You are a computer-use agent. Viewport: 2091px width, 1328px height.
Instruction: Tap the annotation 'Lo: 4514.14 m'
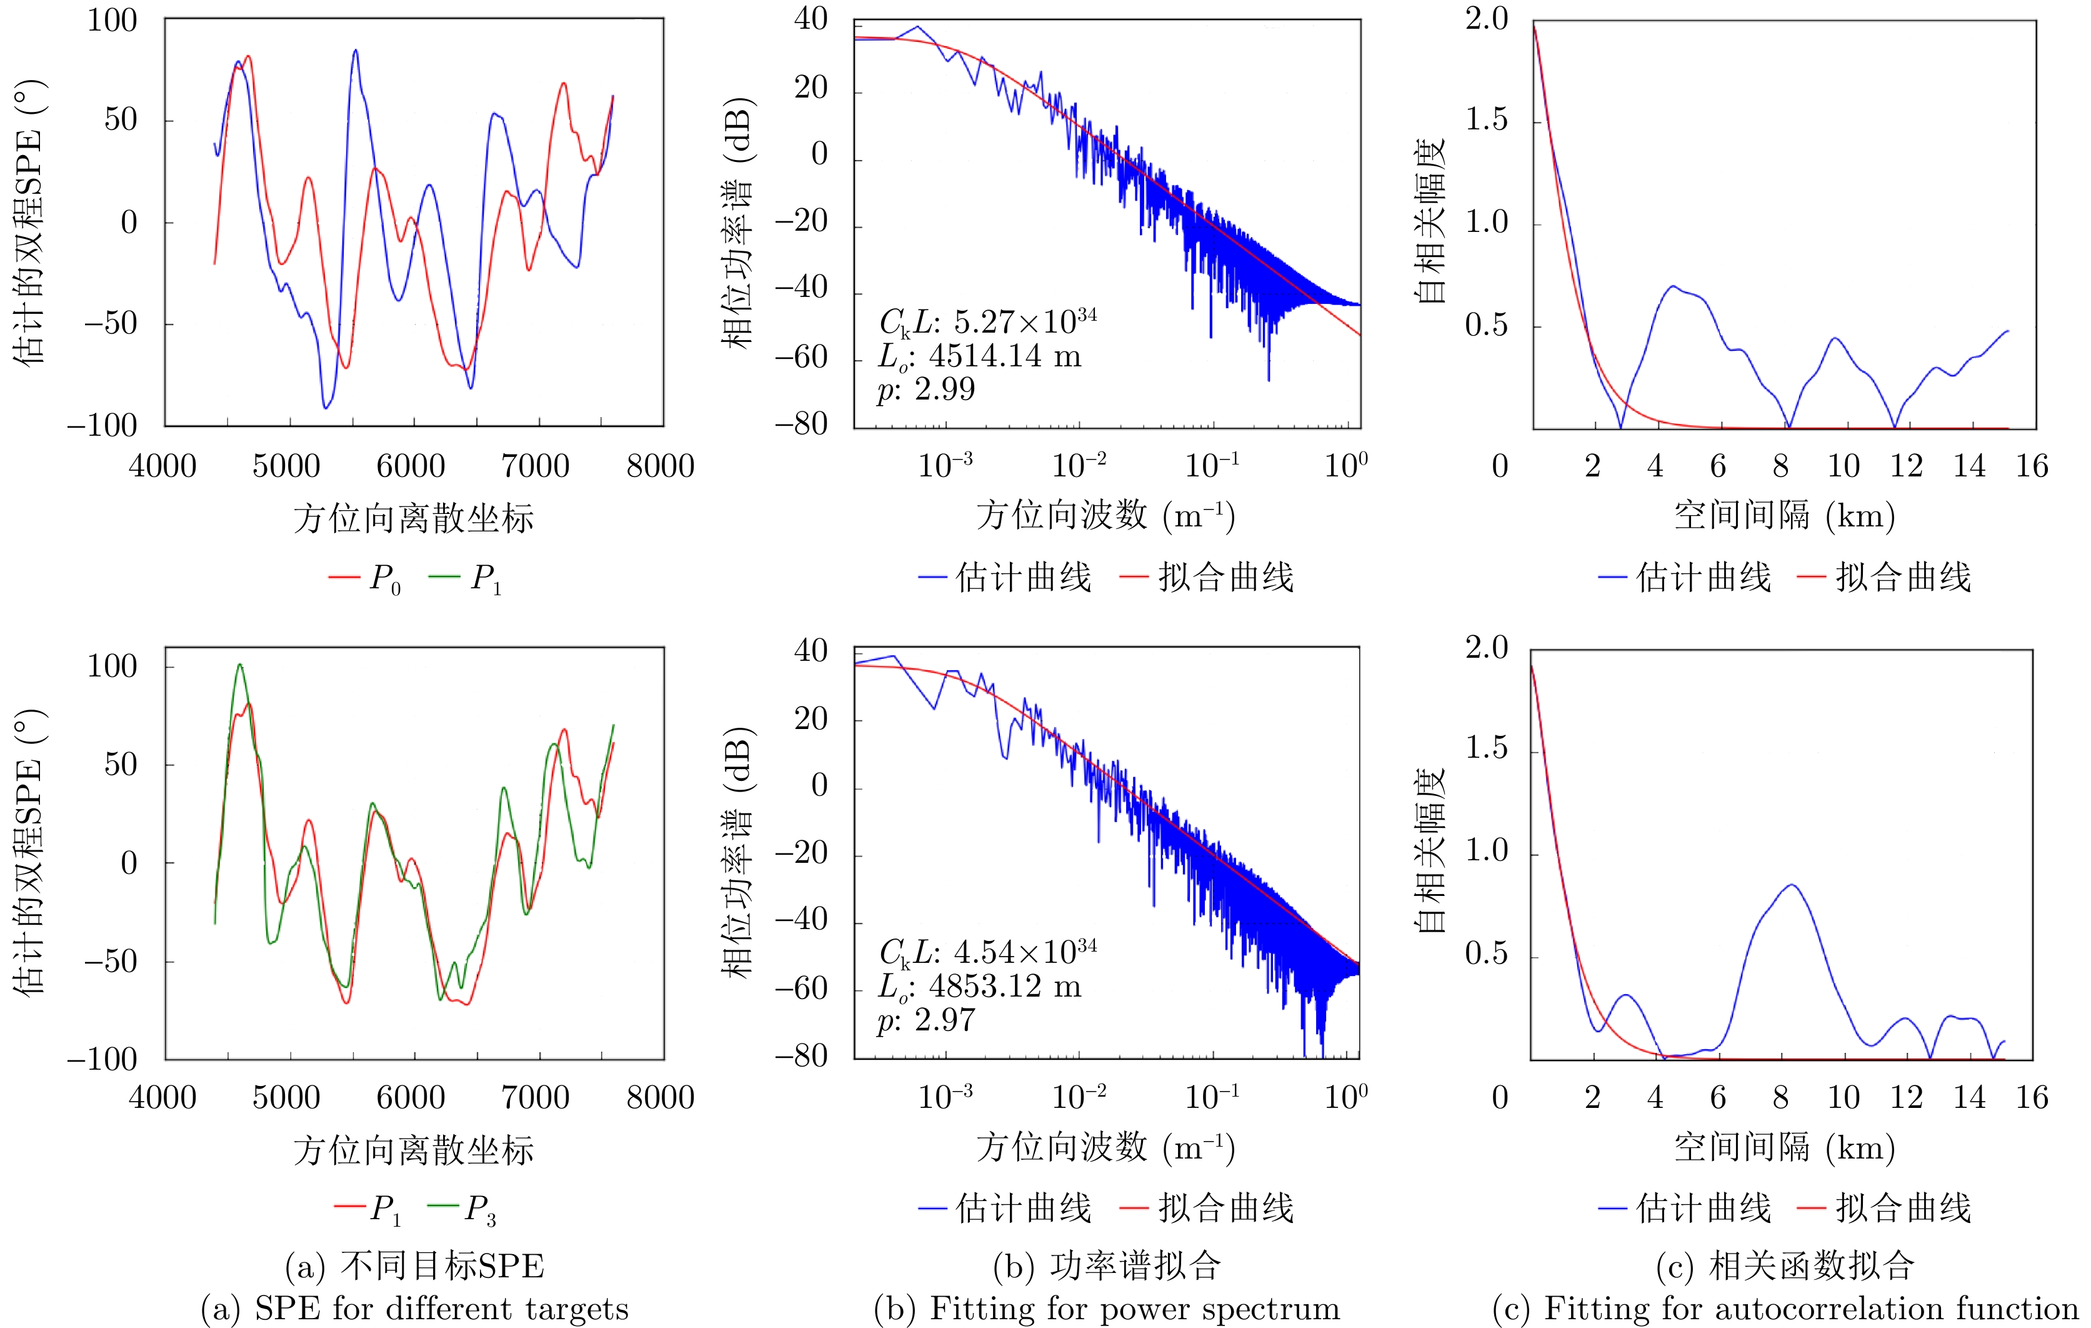pos(979,356)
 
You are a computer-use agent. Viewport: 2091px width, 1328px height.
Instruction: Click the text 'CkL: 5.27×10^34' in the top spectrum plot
pos(987,322)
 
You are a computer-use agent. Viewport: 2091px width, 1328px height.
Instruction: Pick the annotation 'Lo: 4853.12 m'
pos(979,987)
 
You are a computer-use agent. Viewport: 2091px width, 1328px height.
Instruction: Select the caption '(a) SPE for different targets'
pos(414,1308)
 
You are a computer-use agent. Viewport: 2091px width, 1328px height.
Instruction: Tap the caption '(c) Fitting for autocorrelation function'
pos(1784,1308)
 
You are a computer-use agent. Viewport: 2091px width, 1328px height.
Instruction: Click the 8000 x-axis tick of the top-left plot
pos(660,466)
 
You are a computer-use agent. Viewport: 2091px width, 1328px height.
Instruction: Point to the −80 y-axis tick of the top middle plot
pos(801,425)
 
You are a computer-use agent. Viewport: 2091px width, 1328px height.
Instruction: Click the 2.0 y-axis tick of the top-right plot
pos(1487,19)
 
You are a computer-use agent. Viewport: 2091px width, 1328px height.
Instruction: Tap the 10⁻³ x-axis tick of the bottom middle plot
pos(945,1097)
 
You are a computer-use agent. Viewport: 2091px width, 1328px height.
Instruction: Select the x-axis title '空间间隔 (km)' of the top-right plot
pos(1784,516)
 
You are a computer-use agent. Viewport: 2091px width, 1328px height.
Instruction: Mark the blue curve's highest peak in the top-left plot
pos(355,51)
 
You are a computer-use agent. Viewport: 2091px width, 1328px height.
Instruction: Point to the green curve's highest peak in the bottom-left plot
pos(241,665)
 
